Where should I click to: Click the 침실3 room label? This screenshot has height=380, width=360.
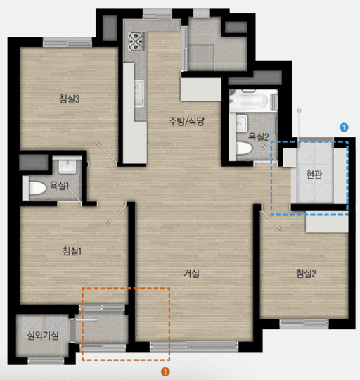tap(69, 99)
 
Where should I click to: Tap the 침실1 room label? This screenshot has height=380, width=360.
tap(72, 251)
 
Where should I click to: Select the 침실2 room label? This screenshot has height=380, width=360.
tap(306, 273)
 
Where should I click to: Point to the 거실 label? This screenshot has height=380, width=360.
tap(191, 273)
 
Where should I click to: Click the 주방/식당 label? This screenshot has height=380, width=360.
tap(186, 121)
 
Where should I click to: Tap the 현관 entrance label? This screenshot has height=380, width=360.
tap(314, 175)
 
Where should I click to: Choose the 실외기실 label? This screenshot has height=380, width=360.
tap(43, 336)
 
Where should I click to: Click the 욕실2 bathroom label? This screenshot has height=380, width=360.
tap(258, 137)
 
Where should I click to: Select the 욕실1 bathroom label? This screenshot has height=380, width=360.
tap(59, 185)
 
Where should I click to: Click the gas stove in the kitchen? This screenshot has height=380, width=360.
tap(136, 42)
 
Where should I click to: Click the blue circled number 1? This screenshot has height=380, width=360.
tap(344, 127)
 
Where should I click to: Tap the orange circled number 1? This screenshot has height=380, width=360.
tap(165, 372)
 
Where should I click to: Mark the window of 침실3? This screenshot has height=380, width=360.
tap(67, 42)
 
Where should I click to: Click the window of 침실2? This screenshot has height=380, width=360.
tap(304, 324)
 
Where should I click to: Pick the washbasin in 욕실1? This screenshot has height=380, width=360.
tap(67, 165)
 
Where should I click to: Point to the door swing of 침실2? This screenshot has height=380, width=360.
tap(271, 220)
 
